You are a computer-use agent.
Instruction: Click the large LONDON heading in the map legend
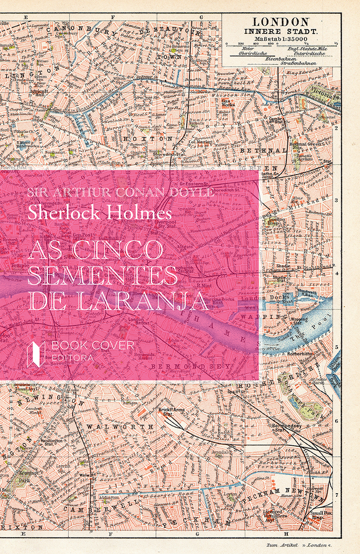pos(281,21)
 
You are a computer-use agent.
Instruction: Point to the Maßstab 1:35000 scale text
pos(281,39)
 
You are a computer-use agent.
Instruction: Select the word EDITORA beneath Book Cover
pos(73,357)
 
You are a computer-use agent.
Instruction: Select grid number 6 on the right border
pos(337,421)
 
